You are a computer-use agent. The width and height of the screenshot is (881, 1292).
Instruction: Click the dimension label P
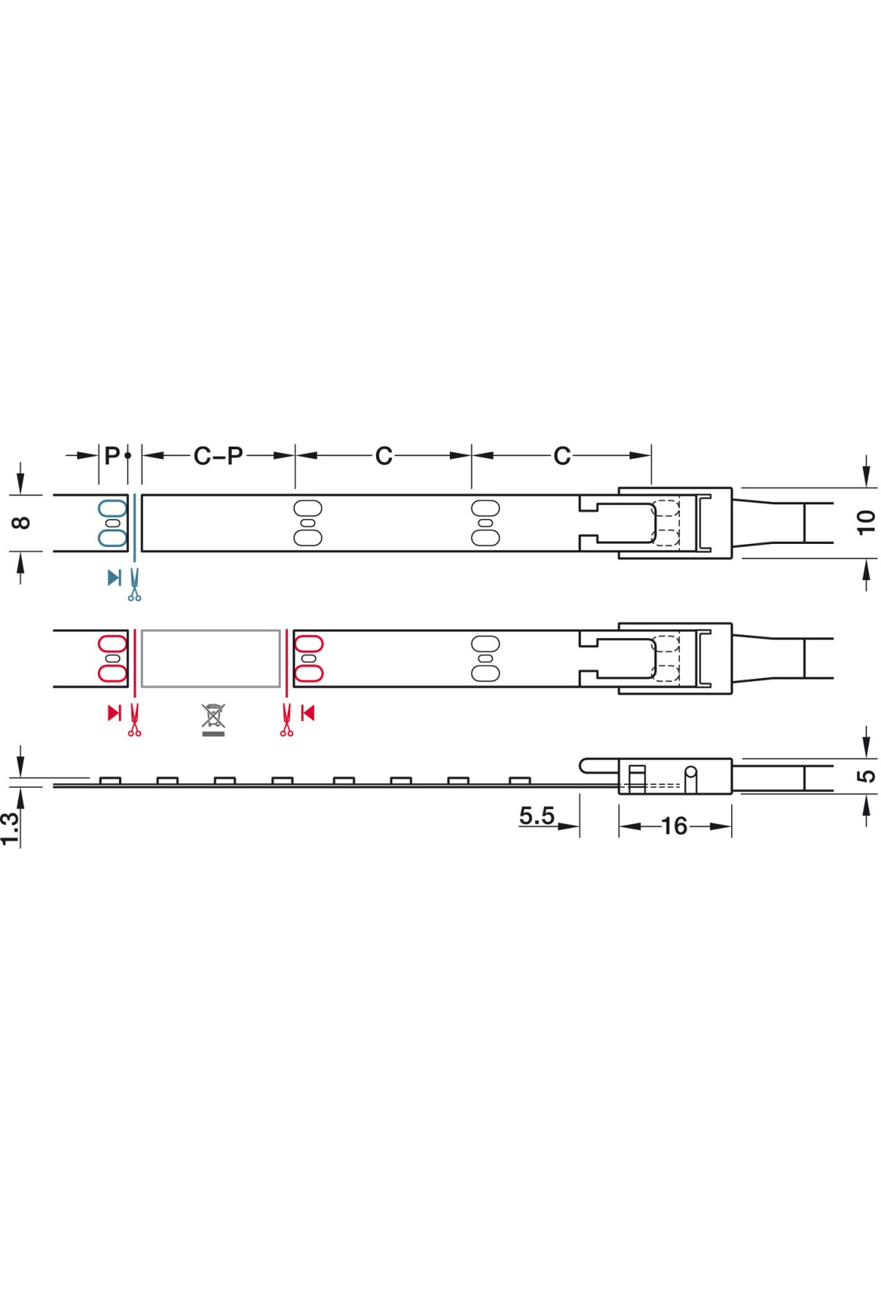coord(112,456)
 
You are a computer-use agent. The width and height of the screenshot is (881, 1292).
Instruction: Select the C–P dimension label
coord(218,456)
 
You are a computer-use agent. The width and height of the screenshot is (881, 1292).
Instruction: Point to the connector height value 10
coord(866,522)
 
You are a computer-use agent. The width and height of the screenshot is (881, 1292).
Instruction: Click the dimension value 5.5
coord(537,816)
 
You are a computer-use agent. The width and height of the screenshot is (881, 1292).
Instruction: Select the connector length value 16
coord(674,827)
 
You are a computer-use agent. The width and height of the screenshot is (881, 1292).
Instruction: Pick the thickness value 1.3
coord(10,830)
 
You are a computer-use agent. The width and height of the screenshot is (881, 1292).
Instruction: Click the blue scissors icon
coord(134,585)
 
